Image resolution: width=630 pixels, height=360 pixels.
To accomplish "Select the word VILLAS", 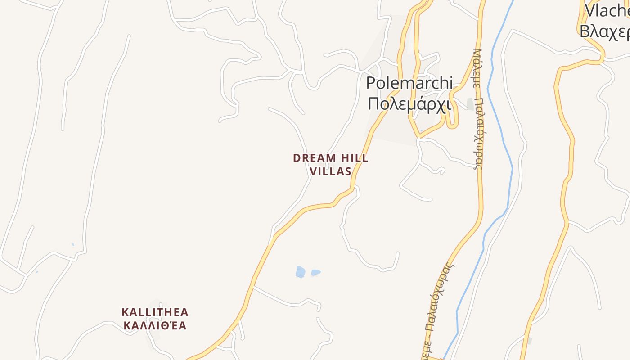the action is coord(330,171).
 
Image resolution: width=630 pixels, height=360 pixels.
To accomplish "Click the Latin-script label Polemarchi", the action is coord(409,83).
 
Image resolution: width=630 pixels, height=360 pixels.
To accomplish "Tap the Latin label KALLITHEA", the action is coord(155,312).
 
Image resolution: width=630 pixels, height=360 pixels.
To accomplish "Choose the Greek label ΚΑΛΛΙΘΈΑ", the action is coord(155,326).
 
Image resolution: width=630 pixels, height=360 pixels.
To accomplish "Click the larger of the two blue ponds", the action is coord(300,272).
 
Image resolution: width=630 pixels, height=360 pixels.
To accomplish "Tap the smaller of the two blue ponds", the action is coord(315,272).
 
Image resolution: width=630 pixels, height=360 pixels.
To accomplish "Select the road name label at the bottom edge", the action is coord(438,310).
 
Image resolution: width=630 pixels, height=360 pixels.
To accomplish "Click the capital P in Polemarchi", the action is coord(371,83).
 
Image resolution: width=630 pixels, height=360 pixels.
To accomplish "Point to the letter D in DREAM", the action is coord(297,158).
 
